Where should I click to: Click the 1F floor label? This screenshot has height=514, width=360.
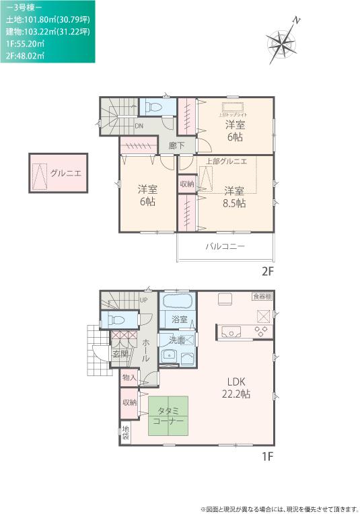[x=268, y=457]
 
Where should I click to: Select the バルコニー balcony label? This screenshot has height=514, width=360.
[x=225, y=246]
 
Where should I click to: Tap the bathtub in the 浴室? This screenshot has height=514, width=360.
[x=178, y=301]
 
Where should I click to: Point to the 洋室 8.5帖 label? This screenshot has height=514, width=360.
[x=235, y=196]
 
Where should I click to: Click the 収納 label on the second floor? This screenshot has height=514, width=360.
[x=187, y=183]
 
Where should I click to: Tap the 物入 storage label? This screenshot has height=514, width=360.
[x=129, y=377]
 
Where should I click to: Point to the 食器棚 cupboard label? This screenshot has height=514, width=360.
[x=262, y=296]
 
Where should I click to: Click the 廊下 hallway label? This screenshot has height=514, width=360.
[x=177, y=144]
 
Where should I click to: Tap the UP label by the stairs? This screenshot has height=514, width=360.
[x=143, y=300]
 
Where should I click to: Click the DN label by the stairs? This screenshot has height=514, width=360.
[x=139, y=126]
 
